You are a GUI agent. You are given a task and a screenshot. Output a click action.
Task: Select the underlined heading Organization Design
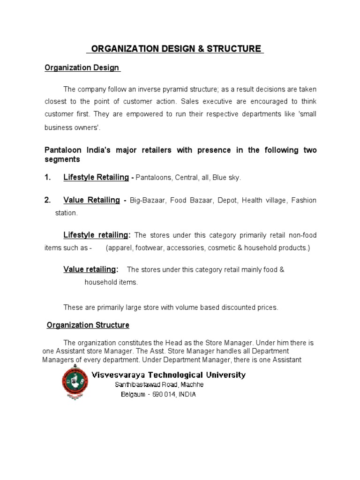pos(82,68)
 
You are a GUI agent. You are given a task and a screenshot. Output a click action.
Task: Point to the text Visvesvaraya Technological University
pos(168,375)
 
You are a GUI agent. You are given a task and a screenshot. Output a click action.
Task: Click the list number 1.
pos(47,177)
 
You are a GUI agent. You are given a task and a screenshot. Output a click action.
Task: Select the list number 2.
pos(47,200)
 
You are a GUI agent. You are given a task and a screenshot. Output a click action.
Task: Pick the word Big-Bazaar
pos(151,201)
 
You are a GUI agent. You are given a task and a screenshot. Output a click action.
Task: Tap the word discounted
pos(230,307)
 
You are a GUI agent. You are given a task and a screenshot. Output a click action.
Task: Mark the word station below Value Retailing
pos(66,213)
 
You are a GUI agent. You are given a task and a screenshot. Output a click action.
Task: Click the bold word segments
pos(62,159)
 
